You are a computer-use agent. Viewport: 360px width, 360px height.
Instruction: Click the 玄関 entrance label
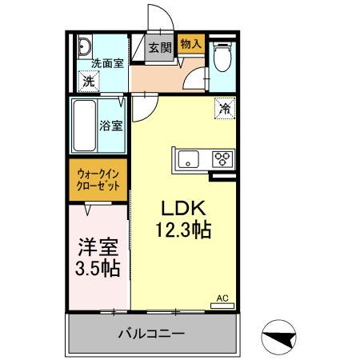tap(160, 47)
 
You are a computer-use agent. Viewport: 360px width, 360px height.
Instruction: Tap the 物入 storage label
tap(190, 44)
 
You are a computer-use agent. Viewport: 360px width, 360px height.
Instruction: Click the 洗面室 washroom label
tap(106, 63)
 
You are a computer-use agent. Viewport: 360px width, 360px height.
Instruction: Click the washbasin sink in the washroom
tap(86, 46)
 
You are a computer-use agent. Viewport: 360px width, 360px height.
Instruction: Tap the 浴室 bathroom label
tap(111, 126)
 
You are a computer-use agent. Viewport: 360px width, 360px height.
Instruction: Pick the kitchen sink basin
tap(190, 158)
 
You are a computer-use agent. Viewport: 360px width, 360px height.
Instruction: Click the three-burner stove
tap(222, 158)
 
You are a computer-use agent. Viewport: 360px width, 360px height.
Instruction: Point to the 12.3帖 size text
tap(183, 230)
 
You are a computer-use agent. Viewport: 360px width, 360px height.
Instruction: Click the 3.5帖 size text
tap(95, 269)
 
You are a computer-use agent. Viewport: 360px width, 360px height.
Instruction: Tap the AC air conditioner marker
tap(222, 299)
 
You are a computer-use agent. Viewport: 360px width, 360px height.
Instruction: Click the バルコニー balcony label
tap(152, 333)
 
